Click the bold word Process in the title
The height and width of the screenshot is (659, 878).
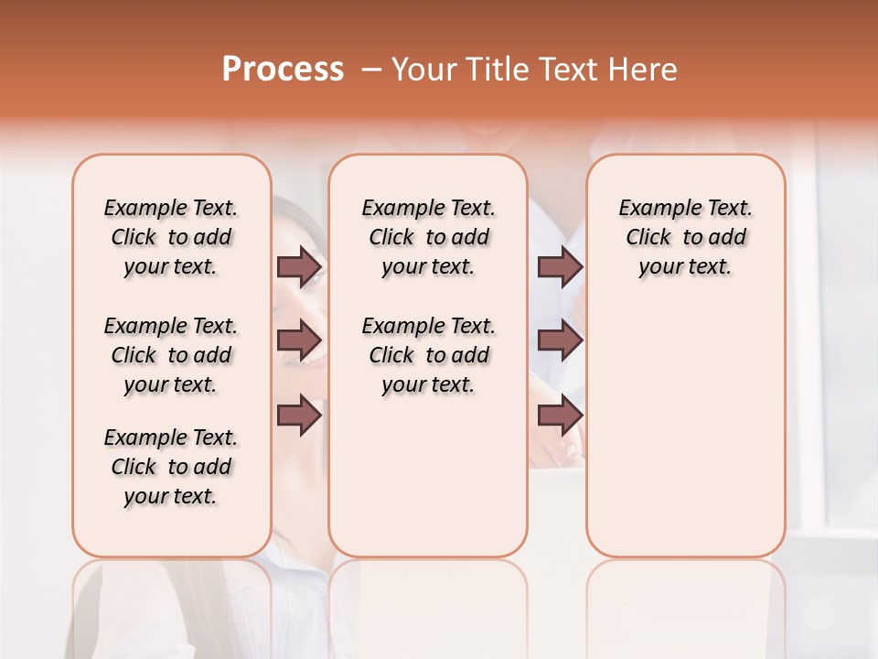[x=283, y=70]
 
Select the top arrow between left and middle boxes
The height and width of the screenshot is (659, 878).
[x=299, y=266]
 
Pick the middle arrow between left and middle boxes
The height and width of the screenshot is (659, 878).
[x=299, y=340]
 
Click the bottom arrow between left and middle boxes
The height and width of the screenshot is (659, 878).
[x=299, y=415]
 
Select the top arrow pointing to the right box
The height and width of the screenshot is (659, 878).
[x=560, y=266]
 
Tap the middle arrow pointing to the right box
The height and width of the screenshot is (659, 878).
[x=560, y=340]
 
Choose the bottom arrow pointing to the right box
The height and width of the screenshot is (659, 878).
[x=560, y=415]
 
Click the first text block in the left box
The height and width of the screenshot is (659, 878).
[x=171, y=237]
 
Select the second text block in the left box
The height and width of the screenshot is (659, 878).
[x=171, y=355]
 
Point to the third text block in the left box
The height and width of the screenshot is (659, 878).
[x=171, y=467]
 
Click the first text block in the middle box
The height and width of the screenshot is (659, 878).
[x=429, y=237]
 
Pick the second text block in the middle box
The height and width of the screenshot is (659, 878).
[x=429, y=355]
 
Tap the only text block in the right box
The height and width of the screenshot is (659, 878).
[x=686, y=237]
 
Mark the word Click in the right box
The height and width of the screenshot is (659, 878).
[x=648, y=238]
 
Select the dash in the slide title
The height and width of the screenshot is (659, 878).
[x=371, y=70]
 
